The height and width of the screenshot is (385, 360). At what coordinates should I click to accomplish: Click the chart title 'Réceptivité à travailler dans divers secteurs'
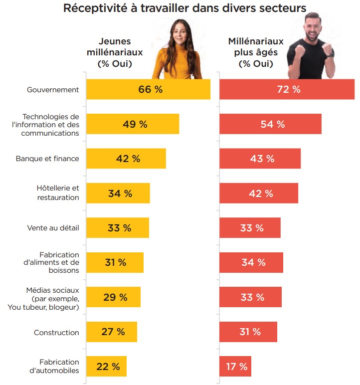[184, 8]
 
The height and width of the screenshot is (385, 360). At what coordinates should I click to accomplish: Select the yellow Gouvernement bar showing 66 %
[148, 90]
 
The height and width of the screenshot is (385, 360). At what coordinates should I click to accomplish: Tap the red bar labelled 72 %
[287, 90]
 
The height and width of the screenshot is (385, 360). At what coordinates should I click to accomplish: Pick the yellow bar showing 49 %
[133, 124]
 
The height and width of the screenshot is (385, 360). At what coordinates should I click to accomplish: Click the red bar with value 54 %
[270, 124]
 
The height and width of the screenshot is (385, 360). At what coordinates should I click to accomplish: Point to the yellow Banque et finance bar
[126, 159]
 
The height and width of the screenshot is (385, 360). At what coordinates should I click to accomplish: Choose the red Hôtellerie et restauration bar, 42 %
[259, 193]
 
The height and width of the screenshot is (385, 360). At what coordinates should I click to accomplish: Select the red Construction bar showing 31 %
[248, 332]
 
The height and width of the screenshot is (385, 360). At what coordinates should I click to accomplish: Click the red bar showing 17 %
[235, 367]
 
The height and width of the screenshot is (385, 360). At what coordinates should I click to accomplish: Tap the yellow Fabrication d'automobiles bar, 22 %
[107, 367]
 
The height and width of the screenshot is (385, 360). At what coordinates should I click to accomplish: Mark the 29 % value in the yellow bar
[115, 297]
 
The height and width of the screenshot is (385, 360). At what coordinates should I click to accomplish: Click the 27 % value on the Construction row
[113, 332]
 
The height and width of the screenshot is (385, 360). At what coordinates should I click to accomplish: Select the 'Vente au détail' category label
[53, 228]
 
